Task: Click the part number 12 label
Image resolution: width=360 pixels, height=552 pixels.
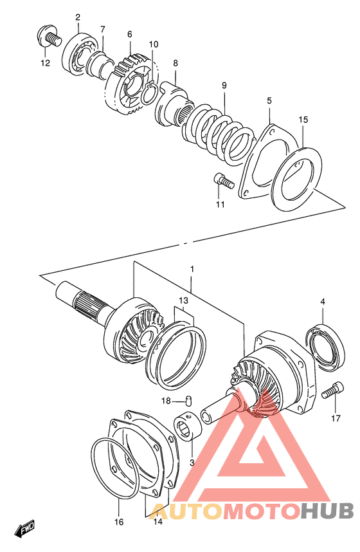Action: coord(45,63)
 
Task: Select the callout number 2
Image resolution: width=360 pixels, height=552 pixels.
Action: coord(78,17)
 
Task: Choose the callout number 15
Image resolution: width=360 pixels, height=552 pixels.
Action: coord(303,120)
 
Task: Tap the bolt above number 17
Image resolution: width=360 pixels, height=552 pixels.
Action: coord(332,391)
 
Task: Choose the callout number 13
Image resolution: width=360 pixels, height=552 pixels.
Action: coord(184,300)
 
